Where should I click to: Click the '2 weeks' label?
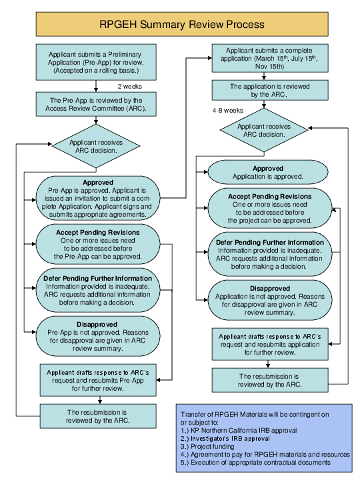(129, 86)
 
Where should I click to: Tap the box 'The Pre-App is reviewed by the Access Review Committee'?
(98, 103)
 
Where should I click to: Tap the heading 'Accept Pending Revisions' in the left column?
(97, 233)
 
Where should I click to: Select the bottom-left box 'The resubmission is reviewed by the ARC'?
(98, 417)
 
